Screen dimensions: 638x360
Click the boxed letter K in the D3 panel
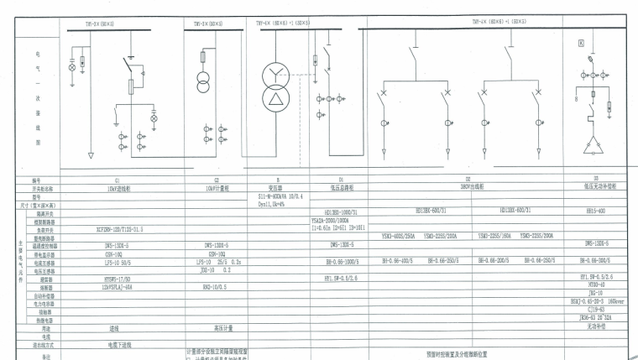pos(580,43)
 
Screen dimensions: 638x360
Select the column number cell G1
pos(117,179)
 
